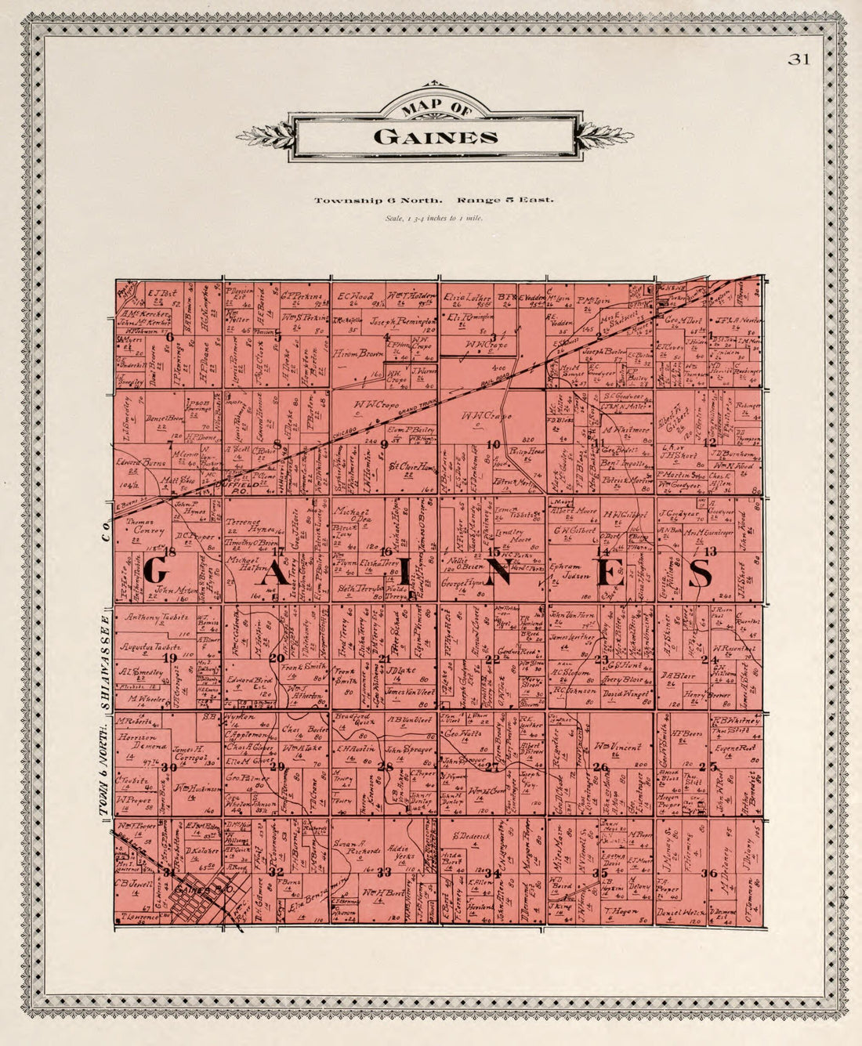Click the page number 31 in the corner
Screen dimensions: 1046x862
coord(799,60)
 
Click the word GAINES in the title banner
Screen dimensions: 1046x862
coord(436,137)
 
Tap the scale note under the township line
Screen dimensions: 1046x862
coord(434,219)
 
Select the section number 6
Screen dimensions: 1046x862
coord(169,336)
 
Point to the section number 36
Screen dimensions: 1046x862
coord(709,874)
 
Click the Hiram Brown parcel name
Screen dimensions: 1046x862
coord(359,354)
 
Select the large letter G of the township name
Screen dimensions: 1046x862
coord(155,570)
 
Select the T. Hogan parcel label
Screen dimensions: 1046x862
coord(618,910)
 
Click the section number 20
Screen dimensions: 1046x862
coord(276,657)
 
